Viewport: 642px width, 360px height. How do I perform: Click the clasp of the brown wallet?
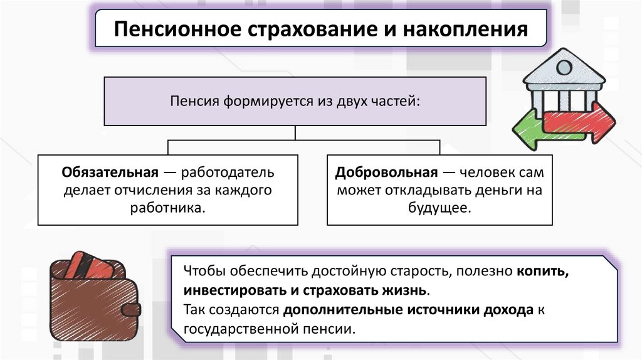coord(131,309)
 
